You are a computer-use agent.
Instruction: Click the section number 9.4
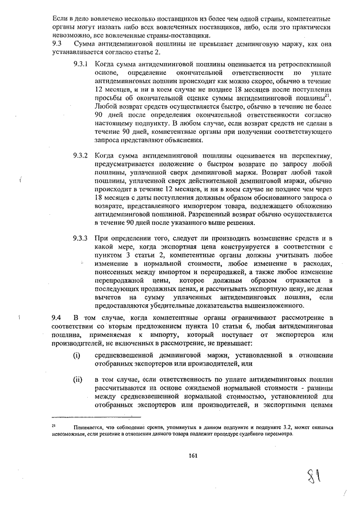point(56,318)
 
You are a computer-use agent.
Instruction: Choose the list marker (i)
point(76,355)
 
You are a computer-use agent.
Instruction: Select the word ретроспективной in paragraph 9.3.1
point(306,65)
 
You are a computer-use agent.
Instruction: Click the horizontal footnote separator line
point(96,417)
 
